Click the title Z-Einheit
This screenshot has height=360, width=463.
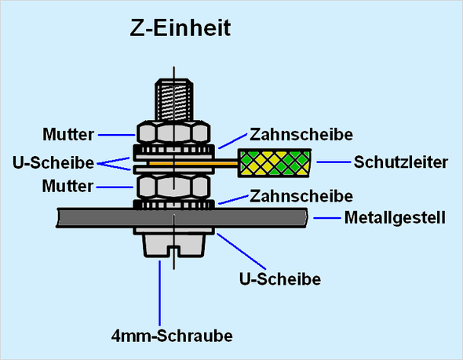(180, 28)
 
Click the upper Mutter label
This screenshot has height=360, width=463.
(68, 135)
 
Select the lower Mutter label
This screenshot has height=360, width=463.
(67, 186)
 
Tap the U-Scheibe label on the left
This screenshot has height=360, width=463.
(53, 162)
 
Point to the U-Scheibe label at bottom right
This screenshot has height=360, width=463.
(280, 279)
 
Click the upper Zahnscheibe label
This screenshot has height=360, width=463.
(301, 135)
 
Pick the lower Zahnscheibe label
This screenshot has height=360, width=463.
(301, 196)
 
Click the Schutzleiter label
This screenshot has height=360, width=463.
(401, 162)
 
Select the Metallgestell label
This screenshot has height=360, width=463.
(395, 218)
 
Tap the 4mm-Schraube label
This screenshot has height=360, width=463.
(172, 336)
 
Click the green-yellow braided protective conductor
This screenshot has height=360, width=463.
(275, 163)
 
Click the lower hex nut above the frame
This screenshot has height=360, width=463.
(173, 187)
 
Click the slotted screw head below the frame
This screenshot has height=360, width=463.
(174, 245)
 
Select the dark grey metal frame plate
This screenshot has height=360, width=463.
(182, 218)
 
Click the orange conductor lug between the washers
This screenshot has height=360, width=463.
(193, 163)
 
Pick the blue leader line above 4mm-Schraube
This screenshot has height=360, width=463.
(160, 293)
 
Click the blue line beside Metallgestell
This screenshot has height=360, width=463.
(327, 218)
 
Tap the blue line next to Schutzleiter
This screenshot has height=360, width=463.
(334, 162)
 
